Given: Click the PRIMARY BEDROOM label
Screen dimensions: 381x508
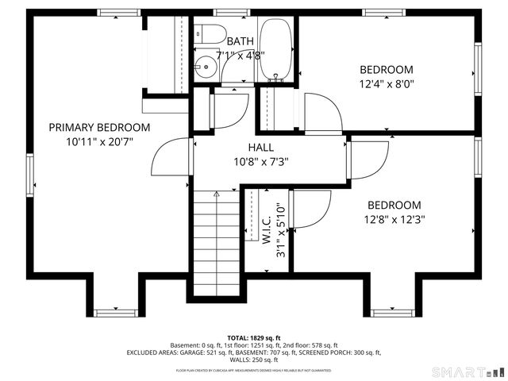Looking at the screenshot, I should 99,127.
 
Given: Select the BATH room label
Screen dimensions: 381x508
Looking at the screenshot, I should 240,41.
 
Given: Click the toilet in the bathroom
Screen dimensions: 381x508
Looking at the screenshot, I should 209,35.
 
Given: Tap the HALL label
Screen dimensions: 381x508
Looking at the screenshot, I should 260,147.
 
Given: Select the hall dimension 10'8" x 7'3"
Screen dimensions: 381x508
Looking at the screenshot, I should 260,161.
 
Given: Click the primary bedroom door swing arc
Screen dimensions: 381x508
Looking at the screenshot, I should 172,158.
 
